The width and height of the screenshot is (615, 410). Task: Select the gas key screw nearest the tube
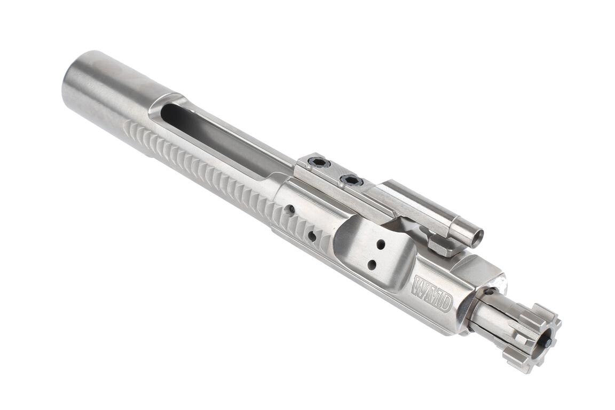(351, 181)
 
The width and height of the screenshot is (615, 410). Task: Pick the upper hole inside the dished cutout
(381, 244)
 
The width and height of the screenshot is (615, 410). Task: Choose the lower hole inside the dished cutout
(372, 265)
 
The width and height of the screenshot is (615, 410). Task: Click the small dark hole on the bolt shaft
(489, 291)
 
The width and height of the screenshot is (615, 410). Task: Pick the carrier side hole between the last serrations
(311, 235)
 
